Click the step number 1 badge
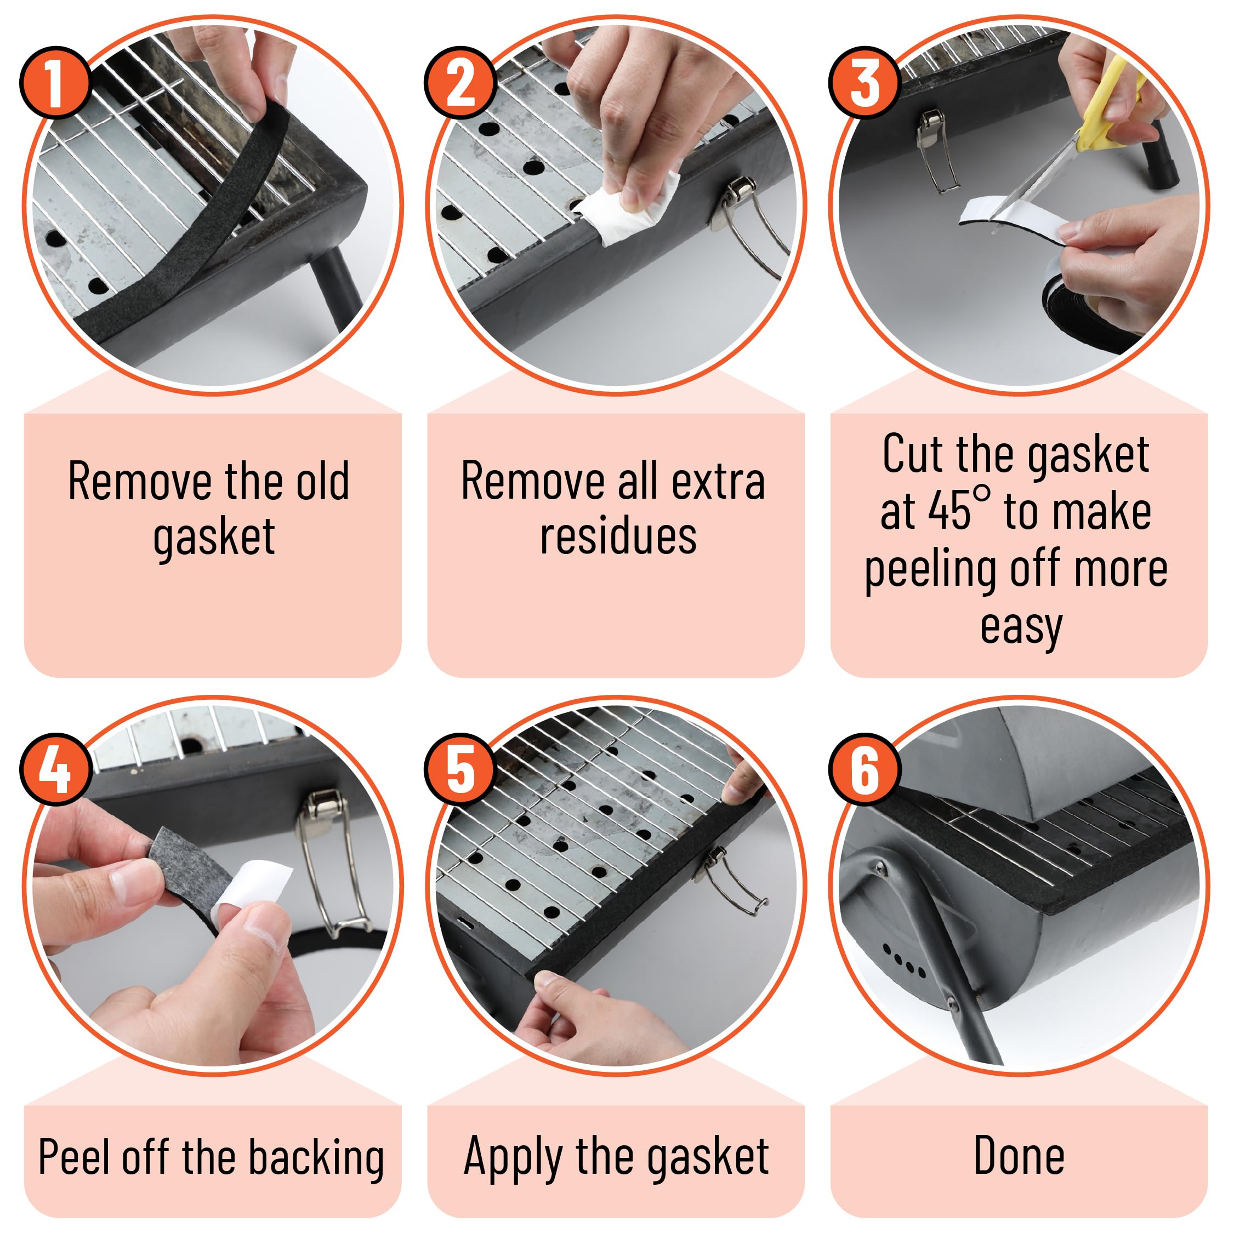(x=55, y=82)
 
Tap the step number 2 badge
(x=460, y=82)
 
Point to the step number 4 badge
(x=55, y=769)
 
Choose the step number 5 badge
(x=460, y=769)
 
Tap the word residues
(x=618, y=536)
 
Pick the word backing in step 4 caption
(x=316, y=1158)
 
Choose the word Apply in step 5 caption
(x=514, y=1158)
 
